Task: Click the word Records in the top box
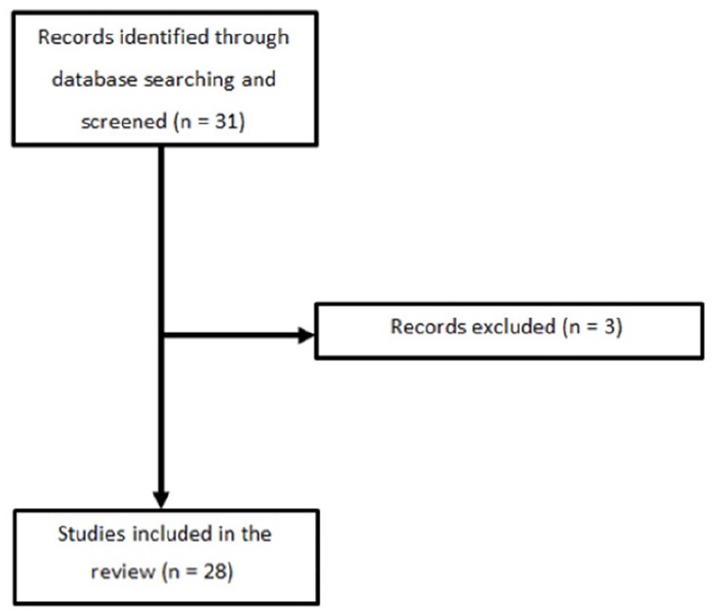pos(75,37)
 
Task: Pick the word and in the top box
pos(259,79)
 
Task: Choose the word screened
pos(124,121)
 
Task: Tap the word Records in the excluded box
pos(428,327)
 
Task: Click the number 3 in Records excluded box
pos(609,327)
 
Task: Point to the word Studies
pos(92,534)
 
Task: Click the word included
pos(172,534)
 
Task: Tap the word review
pos(123,572)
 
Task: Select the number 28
pos(215,572)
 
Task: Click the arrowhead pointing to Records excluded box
pos(306,335)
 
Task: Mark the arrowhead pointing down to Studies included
pos(161,500)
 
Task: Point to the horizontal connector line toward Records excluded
pos(231,335)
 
